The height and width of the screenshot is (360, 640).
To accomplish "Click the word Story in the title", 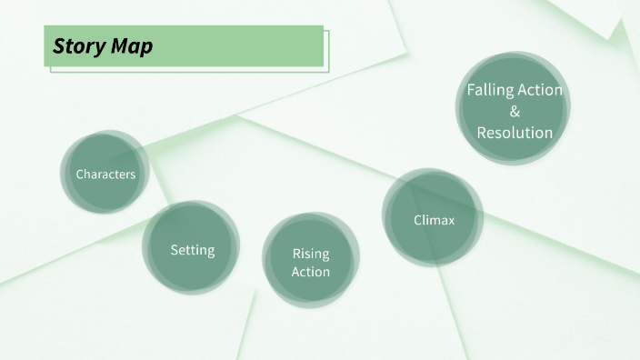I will click(76, 46).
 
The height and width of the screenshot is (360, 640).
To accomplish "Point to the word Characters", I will click(105, 174).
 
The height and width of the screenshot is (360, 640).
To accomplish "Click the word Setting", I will click(192, 249).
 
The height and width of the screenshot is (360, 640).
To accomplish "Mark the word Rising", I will click(311, 254).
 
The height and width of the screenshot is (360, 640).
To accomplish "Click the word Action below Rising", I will click(311, 272).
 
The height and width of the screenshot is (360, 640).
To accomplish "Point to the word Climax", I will click(433, 219).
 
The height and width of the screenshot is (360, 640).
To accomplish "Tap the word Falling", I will click(490, 90).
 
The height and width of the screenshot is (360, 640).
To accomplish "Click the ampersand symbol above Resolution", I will click(515, 112).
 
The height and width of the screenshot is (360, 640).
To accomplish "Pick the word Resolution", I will click(515, 133).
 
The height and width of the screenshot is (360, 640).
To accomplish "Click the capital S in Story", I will click(58, 46).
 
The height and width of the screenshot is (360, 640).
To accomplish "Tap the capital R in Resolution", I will click(482, 133).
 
